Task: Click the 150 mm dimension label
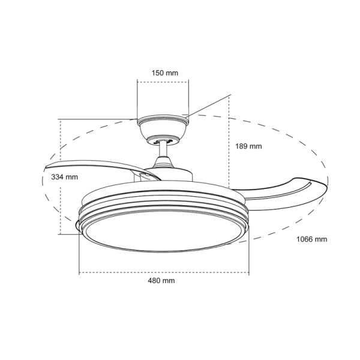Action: (164, 73)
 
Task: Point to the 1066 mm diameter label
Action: (312, 239)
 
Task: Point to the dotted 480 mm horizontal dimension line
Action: (120, 272)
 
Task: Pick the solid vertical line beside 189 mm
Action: (230, 144)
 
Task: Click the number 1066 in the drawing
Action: (307, 239)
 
